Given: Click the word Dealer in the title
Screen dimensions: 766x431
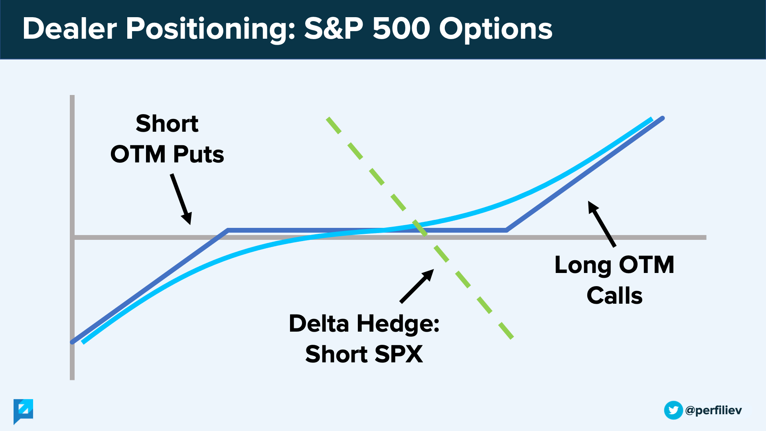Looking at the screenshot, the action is pyautogui.click(x=70, y=28).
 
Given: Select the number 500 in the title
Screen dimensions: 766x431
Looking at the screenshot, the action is pyautogui.click(x=401, y=28).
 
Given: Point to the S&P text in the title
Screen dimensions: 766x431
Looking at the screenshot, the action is pyautogui.click(x=334, y=28).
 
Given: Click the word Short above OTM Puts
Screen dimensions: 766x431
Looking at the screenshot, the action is pyautogui.click(x=167, y=123).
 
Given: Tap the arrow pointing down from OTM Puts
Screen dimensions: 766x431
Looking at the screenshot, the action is pyautogui.click(x=181, y=199).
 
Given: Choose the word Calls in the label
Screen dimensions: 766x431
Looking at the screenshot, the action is pyautogui.click(x=614, y=296).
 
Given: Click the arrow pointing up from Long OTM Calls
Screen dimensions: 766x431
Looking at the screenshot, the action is pyautogui.click(x=602, y=224).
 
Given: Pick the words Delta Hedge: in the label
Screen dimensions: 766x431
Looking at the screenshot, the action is pyautogui.click(x=364, y=323).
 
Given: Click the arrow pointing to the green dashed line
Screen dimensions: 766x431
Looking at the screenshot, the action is pyautogui.click(x=417, y=286).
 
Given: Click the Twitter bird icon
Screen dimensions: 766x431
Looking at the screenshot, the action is pyautogui.click(x=673, y=410).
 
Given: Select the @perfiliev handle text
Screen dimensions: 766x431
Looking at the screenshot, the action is pyautogui.click(x=713, y=411).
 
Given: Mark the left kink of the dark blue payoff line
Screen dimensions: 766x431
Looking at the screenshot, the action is pyautogui.click(x=227, y=230).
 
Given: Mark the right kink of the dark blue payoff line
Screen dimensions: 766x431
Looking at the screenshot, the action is pyautogui.click(x=507, y=230).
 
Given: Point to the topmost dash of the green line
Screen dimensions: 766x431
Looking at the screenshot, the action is pyautogui.click(x=334, y=125).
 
